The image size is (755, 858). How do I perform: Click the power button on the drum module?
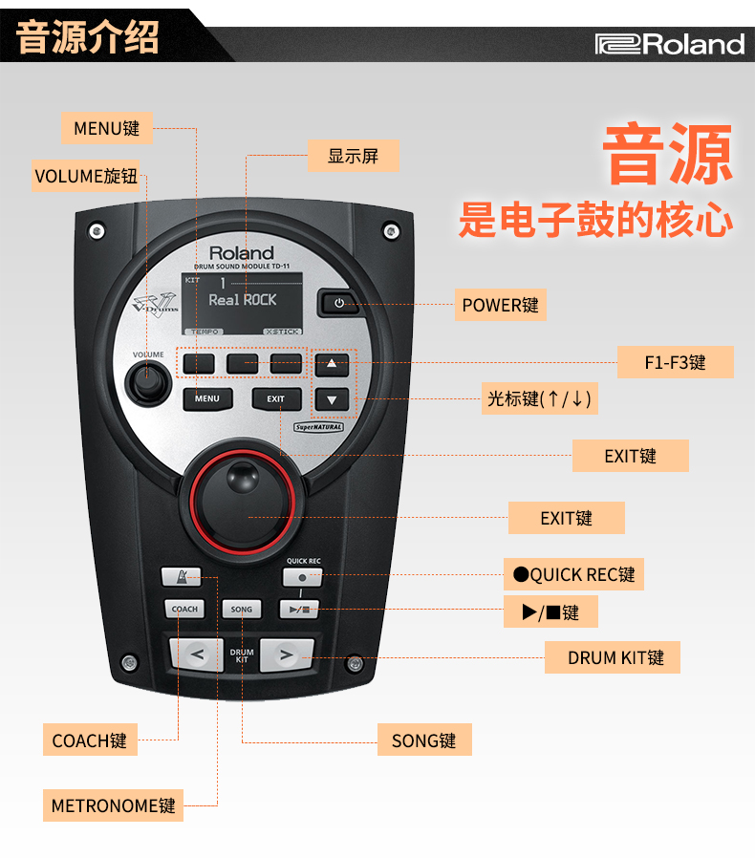[338, 303]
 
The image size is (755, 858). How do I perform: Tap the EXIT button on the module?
[276, 399]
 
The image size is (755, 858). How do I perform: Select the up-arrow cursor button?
[332, 364]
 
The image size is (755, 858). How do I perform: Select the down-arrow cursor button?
[332, 400]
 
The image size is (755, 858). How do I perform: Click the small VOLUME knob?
[148, 382]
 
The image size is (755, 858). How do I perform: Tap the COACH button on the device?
[184, 609]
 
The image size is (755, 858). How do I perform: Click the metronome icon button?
[182, 577]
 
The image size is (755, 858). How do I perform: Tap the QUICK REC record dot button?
[302, 577]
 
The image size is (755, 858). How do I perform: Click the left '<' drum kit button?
[197, 654]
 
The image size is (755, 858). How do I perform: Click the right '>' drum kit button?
[287, 654]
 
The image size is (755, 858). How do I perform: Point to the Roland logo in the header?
[670, 44]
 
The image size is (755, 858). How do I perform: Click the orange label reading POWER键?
[501, 305]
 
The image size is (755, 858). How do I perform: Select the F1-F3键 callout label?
[675, 362]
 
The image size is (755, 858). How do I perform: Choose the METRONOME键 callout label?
[114, 805]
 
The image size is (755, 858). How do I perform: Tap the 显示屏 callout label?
[354, 156]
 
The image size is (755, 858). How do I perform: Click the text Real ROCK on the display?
[243, 300]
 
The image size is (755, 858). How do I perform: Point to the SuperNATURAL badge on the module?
[318, 427]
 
